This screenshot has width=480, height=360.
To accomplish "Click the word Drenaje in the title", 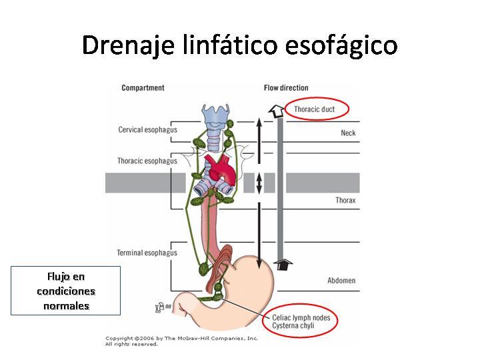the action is [x=128, y=45].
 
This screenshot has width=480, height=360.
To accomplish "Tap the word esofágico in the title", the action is [x=341, y=45].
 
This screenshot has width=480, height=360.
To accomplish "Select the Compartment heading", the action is [x=143, y=88].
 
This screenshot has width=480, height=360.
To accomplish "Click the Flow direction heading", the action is [x=286, y=88].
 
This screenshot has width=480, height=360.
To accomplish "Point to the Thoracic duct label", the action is [x=315, y=109].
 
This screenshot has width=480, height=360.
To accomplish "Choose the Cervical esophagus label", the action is [x=148, y=130].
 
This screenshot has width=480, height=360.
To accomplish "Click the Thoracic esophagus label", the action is [x=147, y=161].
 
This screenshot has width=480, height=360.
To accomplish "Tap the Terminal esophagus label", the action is [x=147, y=253].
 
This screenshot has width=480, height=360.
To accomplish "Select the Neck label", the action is [x=348, y=133].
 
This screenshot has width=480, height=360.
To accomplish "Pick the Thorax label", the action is [x=345, y=201].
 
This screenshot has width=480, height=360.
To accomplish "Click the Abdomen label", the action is [x=341, y=281].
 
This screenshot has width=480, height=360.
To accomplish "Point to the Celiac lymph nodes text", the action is [x=301, y=318].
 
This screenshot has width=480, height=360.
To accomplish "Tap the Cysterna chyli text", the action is [x=293, y=326].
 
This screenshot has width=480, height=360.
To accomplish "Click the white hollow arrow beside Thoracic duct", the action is [x=276, y=111].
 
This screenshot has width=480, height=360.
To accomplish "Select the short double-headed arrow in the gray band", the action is [x=259, y=183].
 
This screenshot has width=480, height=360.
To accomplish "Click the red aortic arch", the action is [x=222, y=172].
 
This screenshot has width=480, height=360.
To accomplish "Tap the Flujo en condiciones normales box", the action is [x=66, y=291].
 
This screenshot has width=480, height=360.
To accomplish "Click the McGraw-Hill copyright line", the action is [x=181, y=338].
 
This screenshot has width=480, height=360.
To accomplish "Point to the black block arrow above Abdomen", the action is [x=283, y=264].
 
